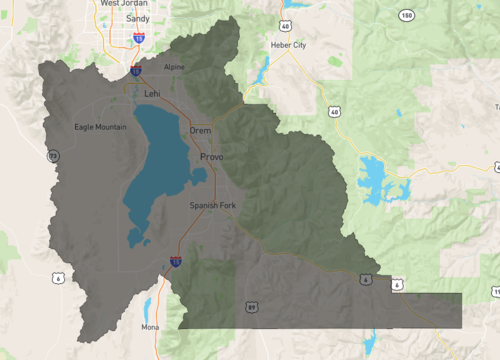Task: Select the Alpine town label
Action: [x=175, y=67]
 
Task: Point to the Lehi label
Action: [x=152, y=93]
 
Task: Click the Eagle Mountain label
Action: [x=101, y=127]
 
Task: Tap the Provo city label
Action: [x=211, y=158]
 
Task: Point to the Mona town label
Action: [x=150, y=327]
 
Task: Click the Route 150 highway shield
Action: [x=405, y=16]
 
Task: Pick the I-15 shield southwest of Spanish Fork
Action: [x=175, y=262]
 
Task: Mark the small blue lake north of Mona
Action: [x=147, y=305]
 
